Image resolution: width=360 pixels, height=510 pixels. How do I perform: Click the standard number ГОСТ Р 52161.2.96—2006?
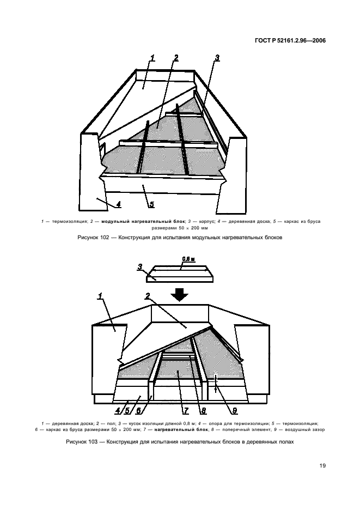point(290,41)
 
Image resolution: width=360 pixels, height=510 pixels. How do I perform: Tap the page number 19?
point(322,466)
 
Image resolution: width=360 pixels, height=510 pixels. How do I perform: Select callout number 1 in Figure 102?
point(152,58)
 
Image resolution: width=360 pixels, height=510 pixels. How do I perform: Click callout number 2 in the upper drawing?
point(176,58)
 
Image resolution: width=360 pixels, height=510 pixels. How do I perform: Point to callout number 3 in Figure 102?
point(217,58)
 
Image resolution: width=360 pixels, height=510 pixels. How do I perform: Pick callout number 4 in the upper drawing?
point(118,204)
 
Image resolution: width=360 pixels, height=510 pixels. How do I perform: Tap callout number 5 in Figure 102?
point(151,204)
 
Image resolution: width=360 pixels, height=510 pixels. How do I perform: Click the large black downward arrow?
point(180,294)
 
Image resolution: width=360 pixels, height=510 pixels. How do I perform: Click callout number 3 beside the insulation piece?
point(140,267)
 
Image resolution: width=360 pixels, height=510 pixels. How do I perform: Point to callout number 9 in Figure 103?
point(235,411)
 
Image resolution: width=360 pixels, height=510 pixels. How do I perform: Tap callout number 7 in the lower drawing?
point(186,411)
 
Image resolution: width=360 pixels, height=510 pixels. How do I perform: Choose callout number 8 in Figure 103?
point(204,411)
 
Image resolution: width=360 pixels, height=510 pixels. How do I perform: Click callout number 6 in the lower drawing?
point(138,411)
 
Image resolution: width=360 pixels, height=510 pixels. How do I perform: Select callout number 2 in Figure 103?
point(148,296)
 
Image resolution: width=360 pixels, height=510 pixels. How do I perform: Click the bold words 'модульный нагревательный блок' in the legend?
point(143,222)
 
